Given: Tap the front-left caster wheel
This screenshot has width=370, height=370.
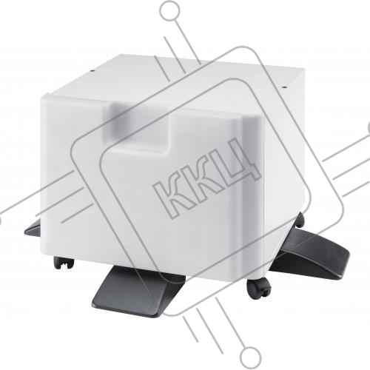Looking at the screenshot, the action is point(64,263).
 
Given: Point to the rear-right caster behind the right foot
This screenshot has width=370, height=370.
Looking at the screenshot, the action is point(299,221).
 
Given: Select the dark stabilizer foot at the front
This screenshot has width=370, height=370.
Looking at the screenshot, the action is point(138,290).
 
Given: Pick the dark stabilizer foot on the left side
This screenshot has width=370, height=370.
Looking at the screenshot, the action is point(33,228).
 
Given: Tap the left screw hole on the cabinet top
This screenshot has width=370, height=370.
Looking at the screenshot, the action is point(92,70).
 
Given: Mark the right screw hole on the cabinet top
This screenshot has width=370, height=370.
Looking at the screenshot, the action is point(284,87).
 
